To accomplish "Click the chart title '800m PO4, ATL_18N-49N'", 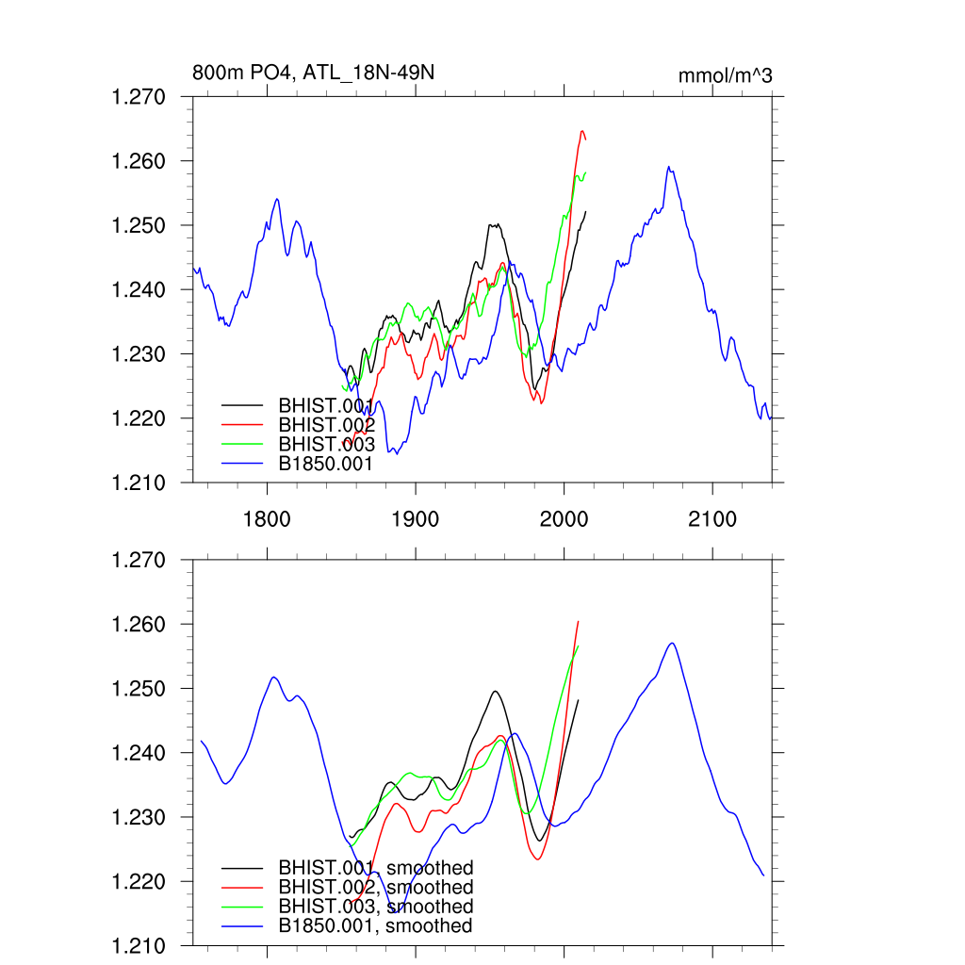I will tap(313, 73).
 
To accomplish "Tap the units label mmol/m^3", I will tap(725, 75).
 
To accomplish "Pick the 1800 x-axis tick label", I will tap(267, 519).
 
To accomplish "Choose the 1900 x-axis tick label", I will tap(415, 519).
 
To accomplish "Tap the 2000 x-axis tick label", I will tap(564, 519).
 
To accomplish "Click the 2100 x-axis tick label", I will tap(711, 519).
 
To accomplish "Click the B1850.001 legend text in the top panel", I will tap(326, 464).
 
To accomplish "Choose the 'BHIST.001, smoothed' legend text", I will tap(375, 867).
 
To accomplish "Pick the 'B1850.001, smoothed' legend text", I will tap(375, 926).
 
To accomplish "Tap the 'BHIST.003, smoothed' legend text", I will tap(375, 907).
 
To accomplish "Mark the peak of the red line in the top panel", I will tap(582, 131).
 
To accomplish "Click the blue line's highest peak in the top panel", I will tap(668, 168).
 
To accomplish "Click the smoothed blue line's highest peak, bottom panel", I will tap(672, 644).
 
